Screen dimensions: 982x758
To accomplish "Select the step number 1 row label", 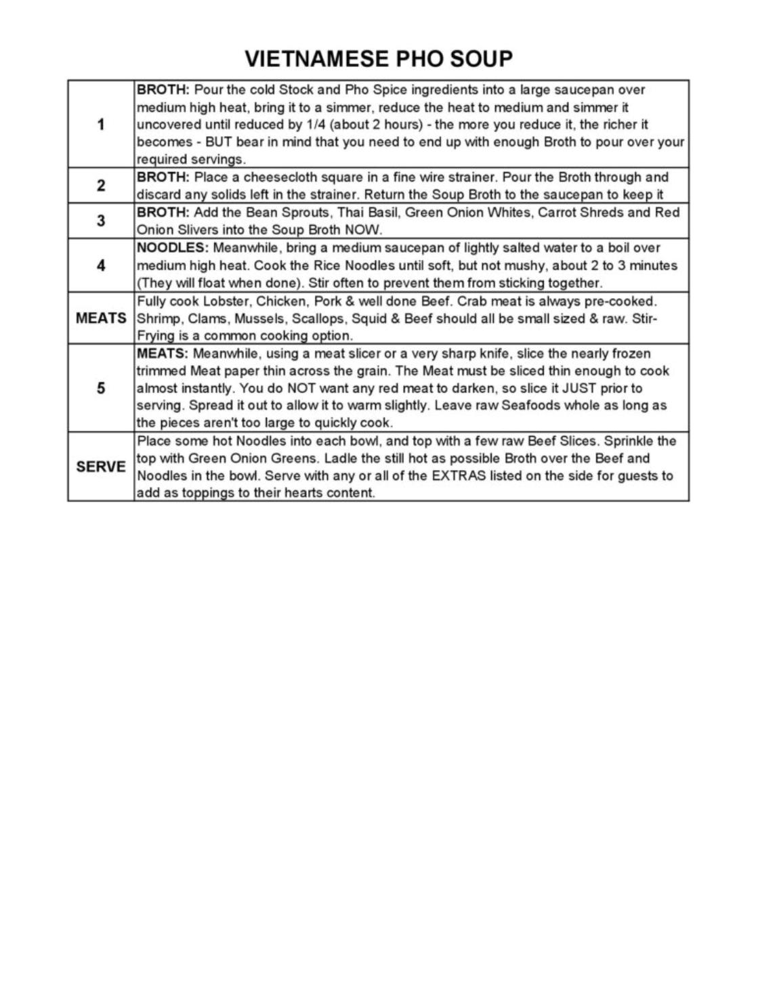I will tap(101, 125).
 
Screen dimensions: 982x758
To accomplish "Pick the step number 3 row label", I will tap(101, 221).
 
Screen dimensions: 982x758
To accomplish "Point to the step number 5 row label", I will tap(101, 389).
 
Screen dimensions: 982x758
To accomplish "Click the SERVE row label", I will tap(101, 467).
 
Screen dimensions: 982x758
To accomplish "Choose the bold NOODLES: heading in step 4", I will tap(173, 248).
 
